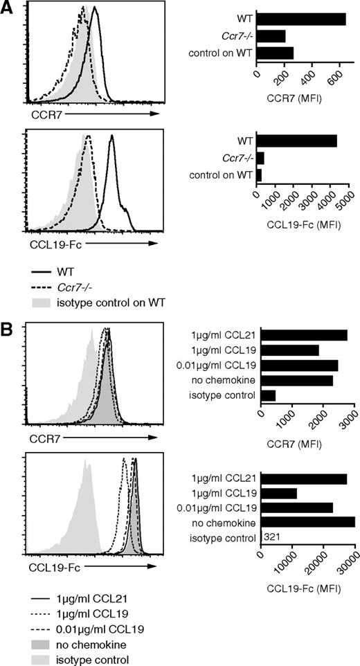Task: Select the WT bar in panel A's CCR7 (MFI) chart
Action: tap(301, 19)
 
